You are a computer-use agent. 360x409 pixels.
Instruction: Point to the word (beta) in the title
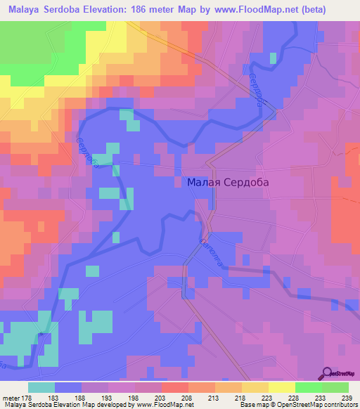(333, 10)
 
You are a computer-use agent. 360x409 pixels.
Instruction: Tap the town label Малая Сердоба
(229, 182)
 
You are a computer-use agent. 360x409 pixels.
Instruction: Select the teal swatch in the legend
(41, 387)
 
